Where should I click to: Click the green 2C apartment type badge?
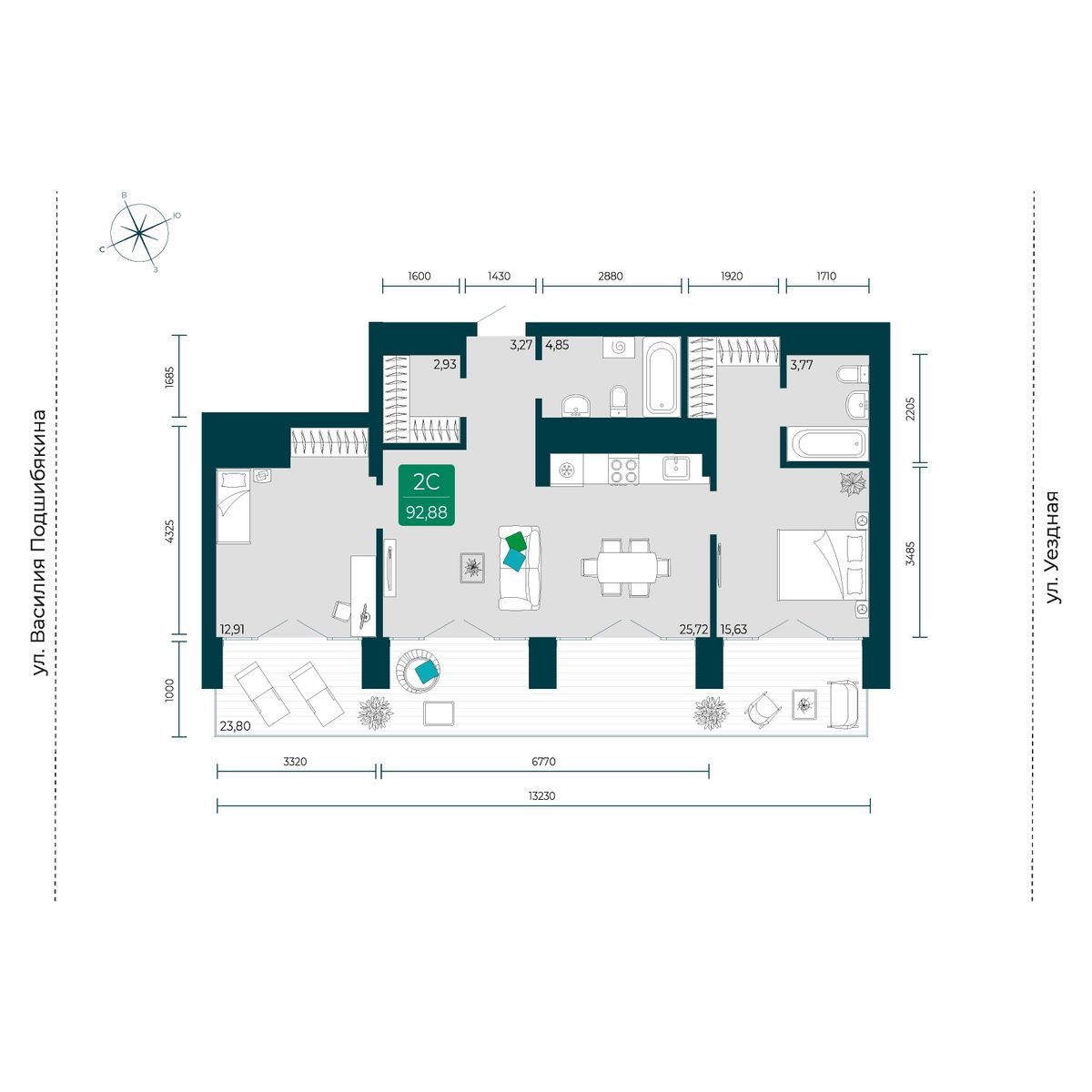(x=426, y=495)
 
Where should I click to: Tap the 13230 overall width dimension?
(x=541, y=795)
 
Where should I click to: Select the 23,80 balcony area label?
(x=235, y=725)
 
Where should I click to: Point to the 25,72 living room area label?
(x=693, y=629)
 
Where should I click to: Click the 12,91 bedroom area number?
(x=232, y=629)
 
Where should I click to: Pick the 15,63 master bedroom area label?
(x=733, y=629)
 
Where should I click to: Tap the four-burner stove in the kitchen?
(x=623, y=470)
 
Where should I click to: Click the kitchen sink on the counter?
(x=676, y=468)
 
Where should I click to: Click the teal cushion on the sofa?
(x=514, y=560)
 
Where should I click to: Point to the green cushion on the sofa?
(x=517, y=541)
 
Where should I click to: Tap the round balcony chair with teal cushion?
(x=420, y=670)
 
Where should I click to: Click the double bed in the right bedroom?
(x=823, y=564)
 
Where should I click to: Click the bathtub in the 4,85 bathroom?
(x=662, y=376)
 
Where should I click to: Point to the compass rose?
(x=139, y=232)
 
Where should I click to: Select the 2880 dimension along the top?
(x=611, y=276)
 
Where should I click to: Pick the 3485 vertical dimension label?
(x=909, y=553)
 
